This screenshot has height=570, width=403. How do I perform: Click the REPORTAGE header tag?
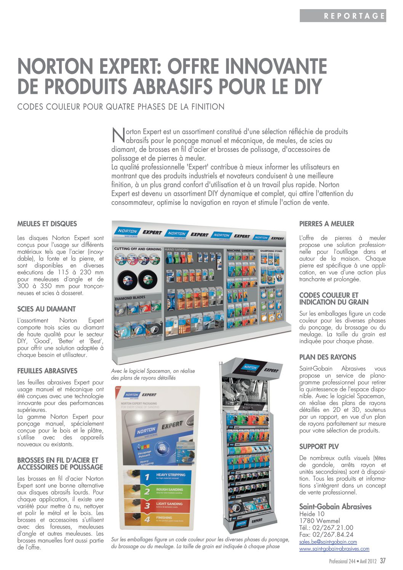354,16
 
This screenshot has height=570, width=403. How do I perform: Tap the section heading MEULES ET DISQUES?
47,224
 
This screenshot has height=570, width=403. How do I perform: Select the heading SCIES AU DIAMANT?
46,309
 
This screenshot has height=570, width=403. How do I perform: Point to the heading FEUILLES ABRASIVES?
47,371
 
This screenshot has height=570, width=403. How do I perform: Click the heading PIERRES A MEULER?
327,224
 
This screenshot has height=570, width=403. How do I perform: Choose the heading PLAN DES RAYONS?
328,357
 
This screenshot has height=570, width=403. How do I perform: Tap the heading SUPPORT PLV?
319,447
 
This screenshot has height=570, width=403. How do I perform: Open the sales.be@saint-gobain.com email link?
328,542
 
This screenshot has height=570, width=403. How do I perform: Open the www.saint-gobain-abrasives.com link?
334,549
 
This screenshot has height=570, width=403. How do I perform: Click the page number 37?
383,561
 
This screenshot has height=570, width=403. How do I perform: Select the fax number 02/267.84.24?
326,535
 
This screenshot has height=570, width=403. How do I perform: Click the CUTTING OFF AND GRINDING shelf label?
138,249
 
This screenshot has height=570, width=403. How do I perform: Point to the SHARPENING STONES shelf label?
271,251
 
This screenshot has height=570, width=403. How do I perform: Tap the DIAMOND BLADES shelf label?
130,298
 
